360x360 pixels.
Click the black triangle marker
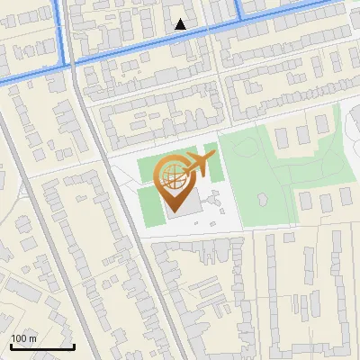point(181,24)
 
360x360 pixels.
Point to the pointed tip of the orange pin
point(175,212)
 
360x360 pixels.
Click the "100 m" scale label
point(23,338)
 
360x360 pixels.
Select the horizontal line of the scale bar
point(41,346)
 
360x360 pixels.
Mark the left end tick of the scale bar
point(10,345)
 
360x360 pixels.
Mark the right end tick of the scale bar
point(73,345)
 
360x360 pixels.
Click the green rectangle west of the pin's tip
point(149,199)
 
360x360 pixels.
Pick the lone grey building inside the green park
point(264,198)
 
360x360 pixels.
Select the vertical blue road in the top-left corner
point(62,27)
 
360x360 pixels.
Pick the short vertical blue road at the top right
point(239,8)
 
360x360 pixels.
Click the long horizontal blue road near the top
point(153,41)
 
